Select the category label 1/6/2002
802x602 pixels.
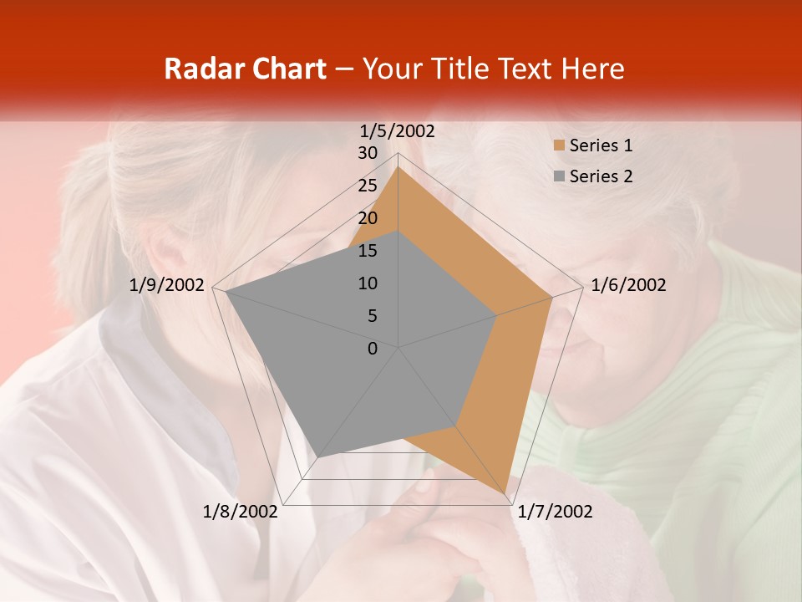coord(628,285)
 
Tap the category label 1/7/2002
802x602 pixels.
coord(555,512)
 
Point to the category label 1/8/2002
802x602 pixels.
coord(241,512)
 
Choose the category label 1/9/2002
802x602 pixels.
coord(167,285)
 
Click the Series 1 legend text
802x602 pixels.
coord(601,145)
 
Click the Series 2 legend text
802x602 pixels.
coord(601,176)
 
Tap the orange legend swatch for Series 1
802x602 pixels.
coord(559,146)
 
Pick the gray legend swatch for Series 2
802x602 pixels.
coord(559,176)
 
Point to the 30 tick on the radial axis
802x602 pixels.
coord(368,153)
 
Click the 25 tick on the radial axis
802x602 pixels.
coord(368,186)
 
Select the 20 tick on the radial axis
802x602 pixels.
coord(368,218)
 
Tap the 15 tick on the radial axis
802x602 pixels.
coord(368,251)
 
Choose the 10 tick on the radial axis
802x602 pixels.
coord(368,283)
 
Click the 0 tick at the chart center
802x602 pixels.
coord(373,349)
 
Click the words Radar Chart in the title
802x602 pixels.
coord(245,69)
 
